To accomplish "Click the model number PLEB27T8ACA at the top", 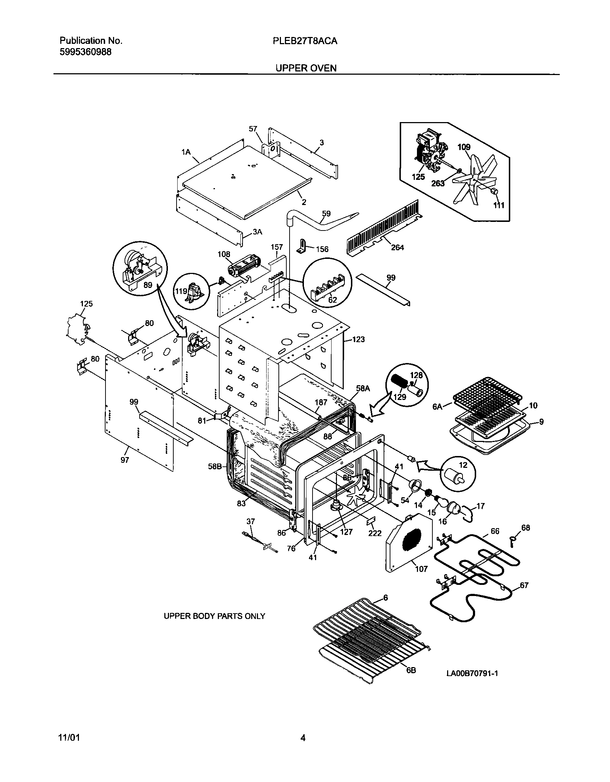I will coord(305,41).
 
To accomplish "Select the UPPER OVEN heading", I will coord(306,68).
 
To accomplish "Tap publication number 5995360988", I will coord(85,52).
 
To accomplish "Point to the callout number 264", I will coord(397,247).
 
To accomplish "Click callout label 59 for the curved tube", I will coord(326,214).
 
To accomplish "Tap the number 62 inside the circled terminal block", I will coord(333,300).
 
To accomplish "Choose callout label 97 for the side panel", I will coord(125,460).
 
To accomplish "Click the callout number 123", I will coord(358,339).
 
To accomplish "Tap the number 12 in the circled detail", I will coord(463,465).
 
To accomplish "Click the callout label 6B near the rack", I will coord(411,670).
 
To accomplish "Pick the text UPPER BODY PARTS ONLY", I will coord(214,616).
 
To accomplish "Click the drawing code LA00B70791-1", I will coord(472,673).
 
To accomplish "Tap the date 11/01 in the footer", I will coord(69,738).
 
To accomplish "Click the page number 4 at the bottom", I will coord(303,738).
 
